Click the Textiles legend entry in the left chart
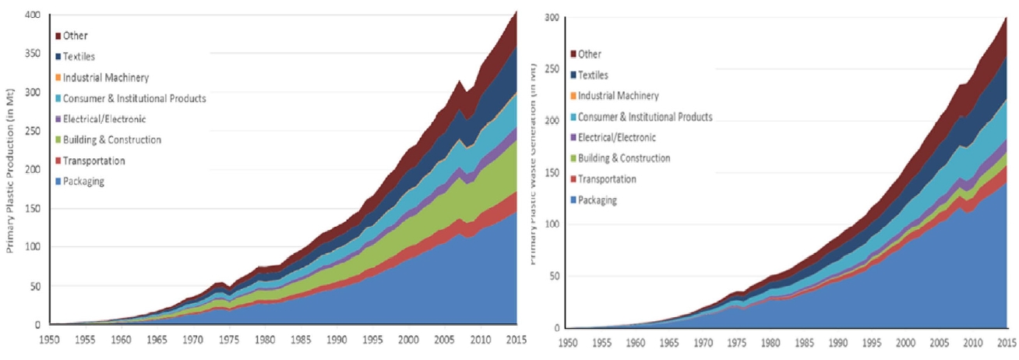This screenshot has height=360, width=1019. (82, 57)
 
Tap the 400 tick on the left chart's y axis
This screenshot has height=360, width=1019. (33, 15)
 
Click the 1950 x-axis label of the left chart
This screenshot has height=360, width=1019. (50, 340)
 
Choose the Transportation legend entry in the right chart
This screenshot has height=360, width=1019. (608, 179)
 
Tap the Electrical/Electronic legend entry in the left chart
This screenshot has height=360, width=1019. (108, 119)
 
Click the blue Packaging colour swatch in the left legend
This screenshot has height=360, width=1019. (58, 182)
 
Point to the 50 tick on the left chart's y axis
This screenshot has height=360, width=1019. (37, 286)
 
